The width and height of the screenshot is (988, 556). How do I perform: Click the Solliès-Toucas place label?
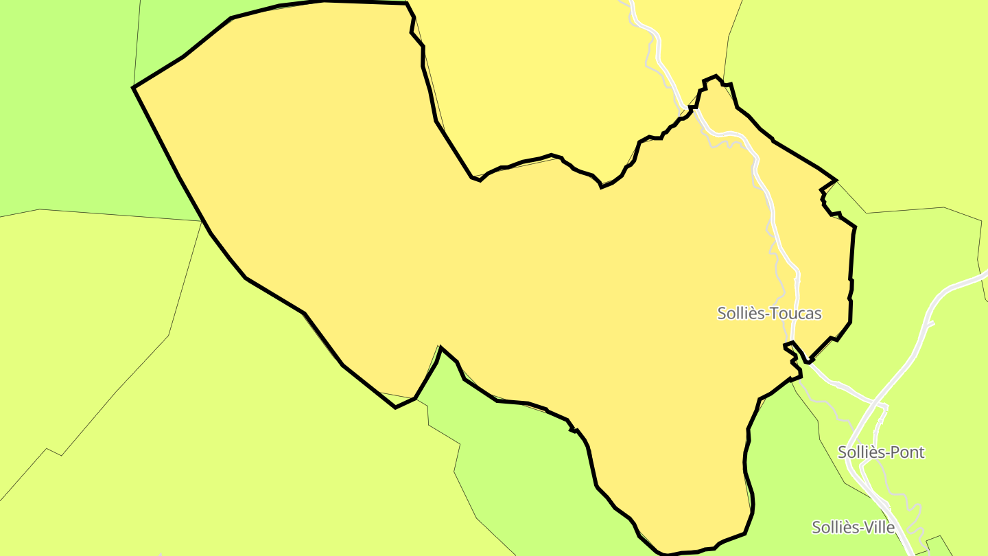[769, 314]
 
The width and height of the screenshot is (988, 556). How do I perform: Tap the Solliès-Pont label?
[881, 452]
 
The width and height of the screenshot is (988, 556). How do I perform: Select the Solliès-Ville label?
[853, 527]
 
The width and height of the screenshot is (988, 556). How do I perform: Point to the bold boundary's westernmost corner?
[134, 88]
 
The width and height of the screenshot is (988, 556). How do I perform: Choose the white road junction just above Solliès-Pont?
[881, 406]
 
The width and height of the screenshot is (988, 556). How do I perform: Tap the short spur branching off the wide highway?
[930, 324]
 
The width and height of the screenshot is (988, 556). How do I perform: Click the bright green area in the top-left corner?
[62, 103]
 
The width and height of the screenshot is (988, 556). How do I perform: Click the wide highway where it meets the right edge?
[983, 275]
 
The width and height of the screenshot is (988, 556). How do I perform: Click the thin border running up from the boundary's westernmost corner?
[137, 41]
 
